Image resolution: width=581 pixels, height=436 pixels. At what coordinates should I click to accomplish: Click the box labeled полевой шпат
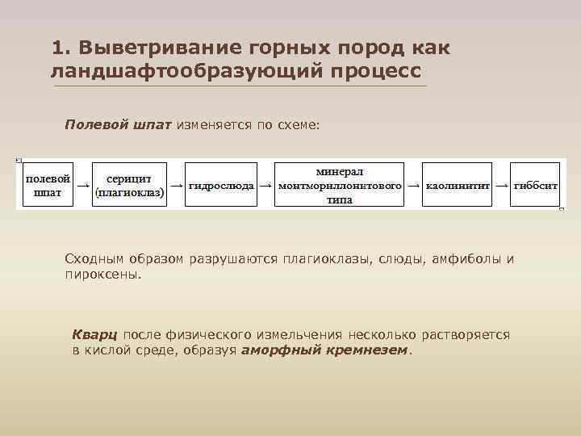(48, 185)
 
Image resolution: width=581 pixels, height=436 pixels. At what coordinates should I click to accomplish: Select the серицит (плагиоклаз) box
(130, 185)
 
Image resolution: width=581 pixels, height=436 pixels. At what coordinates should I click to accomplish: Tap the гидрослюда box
(221, 185)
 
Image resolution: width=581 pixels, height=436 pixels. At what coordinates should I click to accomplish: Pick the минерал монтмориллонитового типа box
(340, 186)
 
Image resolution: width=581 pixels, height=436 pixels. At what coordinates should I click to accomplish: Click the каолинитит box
(458, 185)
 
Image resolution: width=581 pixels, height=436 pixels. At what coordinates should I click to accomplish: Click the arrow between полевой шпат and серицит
(82, 186)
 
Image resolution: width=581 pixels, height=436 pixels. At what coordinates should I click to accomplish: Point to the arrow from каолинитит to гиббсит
(501, 185)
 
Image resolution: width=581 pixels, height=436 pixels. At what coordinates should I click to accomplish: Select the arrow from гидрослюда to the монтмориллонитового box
(265, 185)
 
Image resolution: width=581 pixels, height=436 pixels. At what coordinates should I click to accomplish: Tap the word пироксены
(102, 275)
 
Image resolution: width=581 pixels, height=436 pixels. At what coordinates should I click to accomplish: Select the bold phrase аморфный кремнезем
(325, 350)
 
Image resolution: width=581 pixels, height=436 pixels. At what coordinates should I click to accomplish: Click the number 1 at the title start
(56, 48)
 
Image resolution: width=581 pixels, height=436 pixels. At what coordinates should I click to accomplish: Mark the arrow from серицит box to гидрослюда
(176, 185)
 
